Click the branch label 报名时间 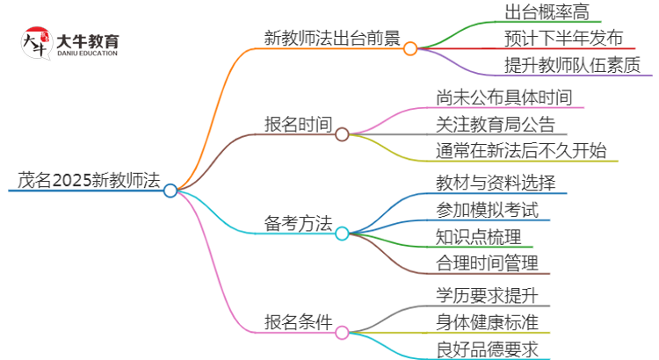[x=298, y=124]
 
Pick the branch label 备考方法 [x=298, y=224]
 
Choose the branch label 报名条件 [x=298, y=322]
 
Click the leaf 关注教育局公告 [x=496, y=124]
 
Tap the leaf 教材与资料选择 [x=496, y=183]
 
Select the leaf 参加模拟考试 [x=487, y=209]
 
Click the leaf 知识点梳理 [x=478, y=235]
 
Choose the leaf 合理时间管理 [x=487, y=262]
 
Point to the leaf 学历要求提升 [x=487, y=294]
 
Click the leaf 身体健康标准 [x=487, y=321]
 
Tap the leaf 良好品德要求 [x=487, y=348]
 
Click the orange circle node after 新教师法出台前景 [x=410, y=49]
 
